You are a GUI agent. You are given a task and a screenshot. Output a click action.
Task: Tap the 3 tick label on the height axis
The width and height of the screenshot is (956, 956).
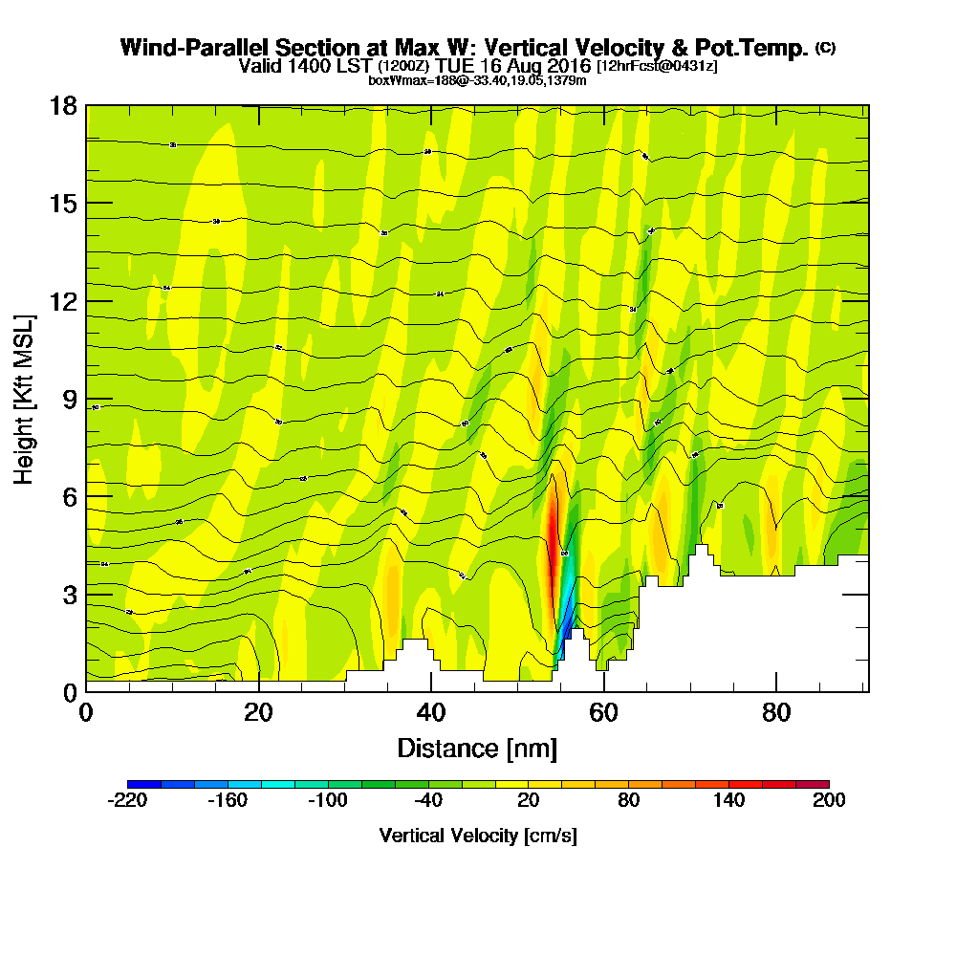pyautogui.click(x=69, y=594)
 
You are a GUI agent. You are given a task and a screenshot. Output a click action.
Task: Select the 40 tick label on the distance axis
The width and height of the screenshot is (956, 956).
pyautogui.click(x=431, y=713)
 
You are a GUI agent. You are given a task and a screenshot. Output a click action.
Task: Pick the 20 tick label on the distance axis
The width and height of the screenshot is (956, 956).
pyautogui.click(x=259, y=713)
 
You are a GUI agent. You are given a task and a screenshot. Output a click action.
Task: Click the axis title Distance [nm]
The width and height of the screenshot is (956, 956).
pyautogui.click(x=477, y=747)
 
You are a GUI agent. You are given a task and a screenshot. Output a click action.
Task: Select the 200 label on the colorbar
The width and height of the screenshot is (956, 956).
pyautogui.click(x=829, y=801)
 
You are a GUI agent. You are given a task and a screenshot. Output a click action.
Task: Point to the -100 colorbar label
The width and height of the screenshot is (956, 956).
pyautogui.click(x=327, y=801)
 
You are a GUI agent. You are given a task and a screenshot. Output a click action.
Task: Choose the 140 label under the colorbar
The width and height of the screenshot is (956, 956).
pyautogui.click(x=728, y=801)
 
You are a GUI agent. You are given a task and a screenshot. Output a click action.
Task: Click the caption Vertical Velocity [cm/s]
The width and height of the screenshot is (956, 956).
pyautogui.click(x=477, y=836)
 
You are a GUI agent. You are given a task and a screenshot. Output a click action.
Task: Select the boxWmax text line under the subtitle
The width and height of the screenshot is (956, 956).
pyautogui.click(x=477, y=80)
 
